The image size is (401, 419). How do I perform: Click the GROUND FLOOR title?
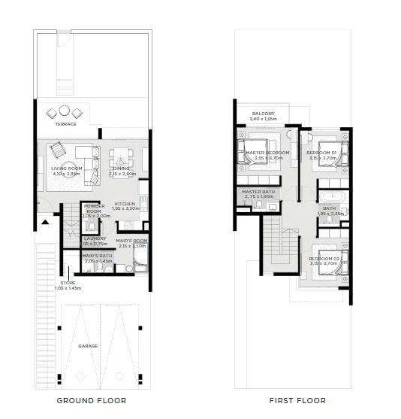coord(91,400)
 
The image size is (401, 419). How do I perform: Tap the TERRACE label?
coord(66,124)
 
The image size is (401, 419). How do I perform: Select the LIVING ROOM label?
coord(66,169)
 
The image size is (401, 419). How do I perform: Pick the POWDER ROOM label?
coord(94,208)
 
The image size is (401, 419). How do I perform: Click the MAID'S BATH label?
coord(97,257)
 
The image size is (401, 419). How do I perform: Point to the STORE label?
coord(68,284)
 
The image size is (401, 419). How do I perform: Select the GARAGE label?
coord(89,346)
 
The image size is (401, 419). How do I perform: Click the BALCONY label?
coord(264,114)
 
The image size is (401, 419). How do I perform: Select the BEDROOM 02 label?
coord(324,259)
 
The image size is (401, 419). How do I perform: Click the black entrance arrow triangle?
coord(46,222)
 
